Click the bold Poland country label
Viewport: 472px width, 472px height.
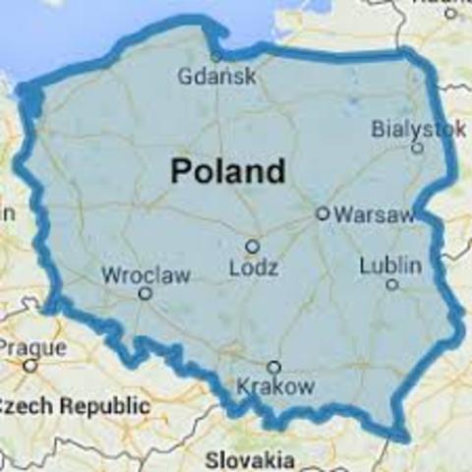pyautogui.click(x=228, y=171)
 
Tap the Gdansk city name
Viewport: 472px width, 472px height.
pyautogui.click(x=217, y=76)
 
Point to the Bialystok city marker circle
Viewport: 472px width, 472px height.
pyautogui.click(x=417, y=148)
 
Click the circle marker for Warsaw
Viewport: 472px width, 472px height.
pyautogui.click(x=322, y=212)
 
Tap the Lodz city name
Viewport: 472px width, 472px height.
pyautogui.click(x=253, y=267)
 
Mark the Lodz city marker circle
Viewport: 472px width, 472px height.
pyautogui.click(x=253, y=247)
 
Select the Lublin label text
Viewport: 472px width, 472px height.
pyautogui.click(x=390, y=265)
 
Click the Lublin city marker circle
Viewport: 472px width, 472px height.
pyautogui.click(x=391, y=285)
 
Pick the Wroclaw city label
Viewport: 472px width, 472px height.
pyautogui.click(x=147, y=273)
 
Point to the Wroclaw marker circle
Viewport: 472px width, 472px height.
pyautogui.click(x=145, y=293)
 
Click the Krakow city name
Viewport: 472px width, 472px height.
pyautogui.click(x=276, y=386)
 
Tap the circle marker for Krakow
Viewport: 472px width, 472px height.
pyautogui.click(x=274, y=367)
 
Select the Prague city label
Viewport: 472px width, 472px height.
pyautogui.click(x=32, y=347)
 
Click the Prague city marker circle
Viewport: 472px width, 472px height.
pyautogui.click(x=29, y=365)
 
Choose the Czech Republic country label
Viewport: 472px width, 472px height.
pyautogui.click(x=75, y=405)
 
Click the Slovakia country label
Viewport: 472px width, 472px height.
pyautogui.click(x=250, y=459)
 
